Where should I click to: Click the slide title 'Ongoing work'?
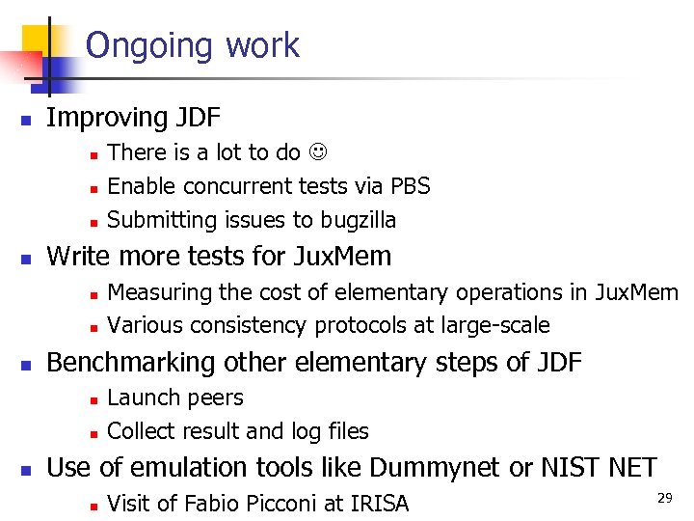(x=193, y=45)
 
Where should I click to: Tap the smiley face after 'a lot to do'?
(x=317, y=152)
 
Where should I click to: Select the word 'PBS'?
(x=410, y=186)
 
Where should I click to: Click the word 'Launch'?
(x=138, y=398)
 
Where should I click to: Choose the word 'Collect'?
(x=140, y=431)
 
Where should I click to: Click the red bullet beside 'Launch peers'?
(x=91, y=399)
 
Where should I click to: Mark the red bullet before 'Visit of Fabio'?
(x=91, y=505)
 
